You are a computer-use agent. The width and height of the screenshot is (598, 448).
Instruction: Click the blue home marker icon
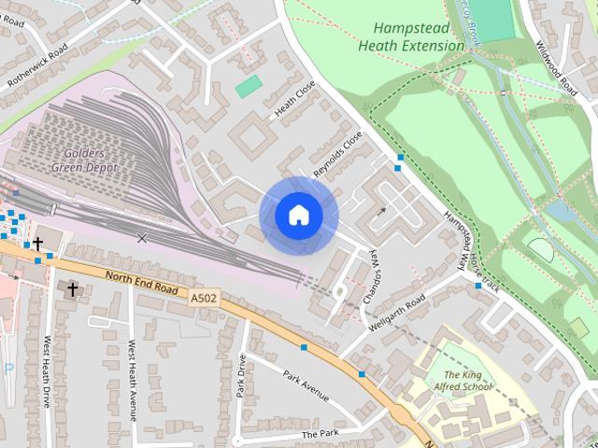299,216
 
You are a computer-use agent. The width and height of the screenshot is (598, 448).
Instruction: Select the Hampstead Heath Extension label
410,36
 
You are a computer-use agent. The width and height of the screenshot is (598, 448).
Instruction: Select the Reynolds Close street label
337,154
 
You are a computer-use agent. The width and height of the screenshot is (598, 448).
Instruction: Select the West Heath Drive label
47,372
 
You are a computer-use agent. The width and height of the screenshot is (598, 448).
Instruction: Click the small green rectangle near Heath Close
249,87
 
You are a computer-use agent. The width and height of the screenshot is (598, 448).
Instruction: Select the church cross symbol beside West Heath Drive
72,290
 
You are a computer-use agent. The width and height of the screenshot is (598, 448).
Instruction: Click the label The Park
319,435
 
